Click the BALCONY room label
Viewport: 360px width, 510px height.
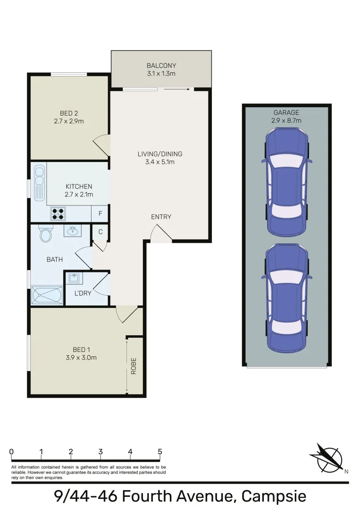coord(161,66)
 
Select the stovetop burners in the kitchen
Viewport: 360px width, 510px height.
coord(58,214)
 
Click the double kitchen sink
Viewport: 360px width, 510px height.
coord(39,175)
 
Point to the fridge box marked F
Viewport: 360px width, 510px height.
coord(100,214)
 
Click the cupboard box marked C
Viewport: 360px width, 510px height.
coord(100,232)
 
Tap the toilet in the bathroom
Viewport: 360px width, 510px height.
coord(46,234)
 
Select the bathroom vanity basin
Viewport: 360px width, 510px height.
coord(72,231)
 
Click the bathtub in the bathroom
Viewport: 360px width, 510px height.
coord(47,296)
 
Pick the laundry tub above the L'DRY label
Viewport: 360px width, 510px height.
coord(74,278)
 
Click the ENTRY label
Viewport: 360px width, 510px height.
coord(161,217)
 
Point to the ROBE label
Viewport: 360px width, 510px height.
coord(134,366)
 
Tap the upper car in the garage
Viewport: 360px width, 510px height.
coord(286,182)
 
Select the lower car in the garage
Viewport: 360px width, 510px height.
coord(286,297)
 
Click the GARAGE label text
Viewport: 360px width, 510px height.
coord(286,112)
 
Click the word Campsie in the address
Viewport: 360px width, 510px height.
coord(274,496)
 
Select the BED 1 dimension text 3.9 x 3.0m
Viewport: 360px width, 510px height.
coord(81,357)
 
